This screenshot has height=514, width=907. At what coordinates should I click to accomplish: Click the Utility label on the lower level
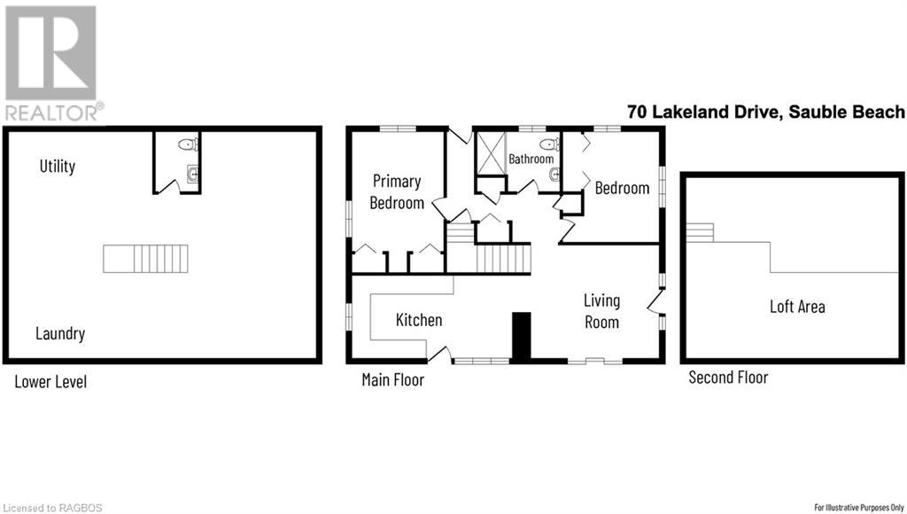pos(57,166)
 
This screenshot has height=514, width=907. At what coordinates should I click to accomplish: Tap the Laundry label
pos(60,334)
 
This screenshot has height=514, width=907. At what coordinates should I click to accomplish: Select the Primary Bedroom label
pos(396,191)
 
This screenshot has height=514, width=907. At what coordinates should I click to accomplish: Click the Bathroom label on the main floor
pos(531,160)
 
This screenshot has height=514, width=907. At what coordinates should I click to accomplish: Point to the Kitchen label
pos(419,320)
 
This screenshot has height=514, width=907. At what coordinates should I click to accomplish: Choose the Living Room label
pos(601,312)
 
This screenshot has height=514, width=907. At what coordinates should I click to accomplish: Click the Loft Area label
pos(797,307)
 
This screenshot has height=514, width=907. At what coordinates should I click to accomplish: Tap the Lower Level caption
pos(50,382)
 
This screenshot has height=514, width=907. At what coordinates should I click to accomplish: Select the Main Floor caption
pos(392,380)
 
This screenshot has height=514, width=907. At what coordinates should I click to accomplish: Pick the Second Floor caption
pos(728,378)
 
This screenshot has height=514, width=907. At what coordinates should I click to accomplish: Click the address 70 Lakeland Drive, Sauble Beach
pos(765,112)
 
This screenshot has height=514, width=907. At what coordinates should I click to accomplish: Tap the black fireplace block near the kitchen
pos(522,336)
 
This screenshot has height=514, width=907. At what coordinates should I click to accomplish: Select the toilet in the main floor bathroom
pos(548,144)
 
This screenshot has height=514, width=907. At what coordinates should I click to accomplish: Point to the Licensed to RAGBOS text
pos(52,508)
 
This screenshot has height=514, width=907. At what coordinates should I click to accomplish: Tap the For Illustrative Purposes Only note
pos(857,508)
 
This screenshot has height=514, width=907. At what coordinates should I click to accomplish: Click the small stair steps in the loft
pos(700,232)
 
